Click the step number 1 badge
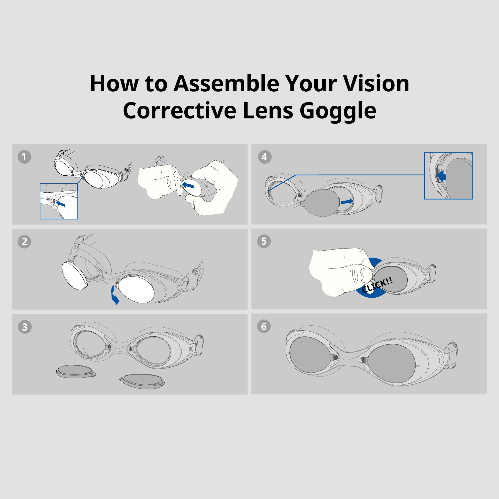point(24,157)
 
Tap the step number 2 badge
point(24,242)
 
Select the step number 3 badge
point(25,327)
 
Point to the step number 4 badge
point(265,157)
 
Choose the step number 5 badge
point(264,241)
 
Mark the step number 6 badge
point(264,326)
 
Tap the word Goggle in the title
point(338,111)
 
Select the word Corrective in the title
point(180,111)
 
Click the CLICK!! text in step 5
point(377,285)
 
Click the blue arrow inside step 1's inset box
point(61,204)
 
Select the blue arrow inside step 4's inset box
point(441,176)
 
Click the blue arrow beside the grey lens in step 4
point(347,201)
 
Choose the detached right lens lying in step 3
point(142,381)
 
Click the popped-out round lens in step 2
point(75,276)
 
